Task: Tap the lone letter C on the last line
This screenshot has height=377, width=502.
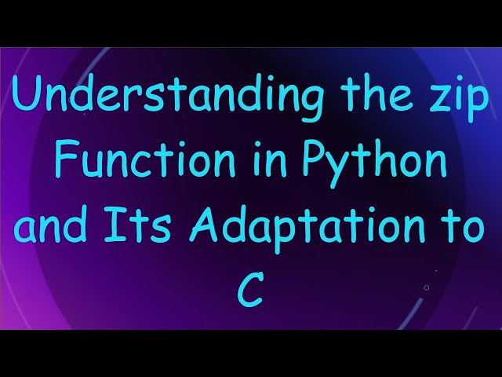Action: (250, 291)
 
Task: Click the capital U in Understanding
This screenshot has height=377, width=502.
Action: (26, 97)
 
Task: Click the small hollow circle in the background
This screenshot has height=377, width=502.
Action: (426, 287)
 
